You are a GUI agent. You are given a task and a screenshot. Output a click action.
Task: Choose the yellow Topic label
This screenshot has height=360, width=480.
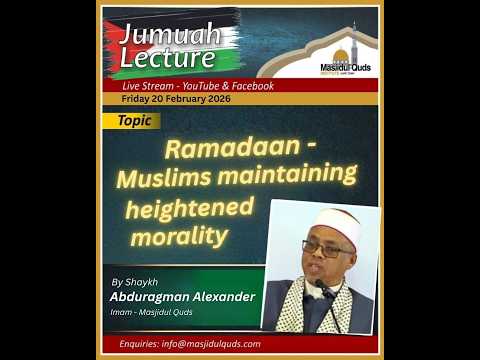tap(134, 120)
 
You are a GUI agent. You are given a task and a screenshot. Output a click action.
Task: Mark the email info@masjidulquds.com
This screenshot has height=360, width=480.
tap(210, 343)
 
